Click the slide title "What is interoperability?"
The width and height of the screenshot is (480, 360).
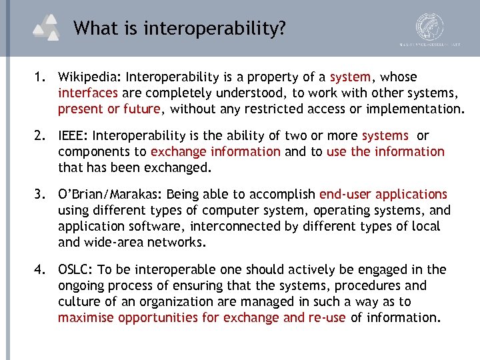180,28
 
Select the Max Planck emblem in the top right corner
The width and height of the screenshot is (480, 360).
429,28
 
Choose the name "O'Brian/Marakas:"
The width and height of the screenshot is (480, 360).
110,195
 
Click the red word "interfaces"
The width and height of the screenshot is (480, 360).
88,93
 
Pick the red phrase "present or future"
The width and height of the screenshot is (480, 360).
109,109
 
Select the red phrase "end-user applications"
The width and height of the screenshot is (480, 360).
383,195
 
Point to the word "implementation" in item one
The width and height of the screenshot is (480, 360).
414,109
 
